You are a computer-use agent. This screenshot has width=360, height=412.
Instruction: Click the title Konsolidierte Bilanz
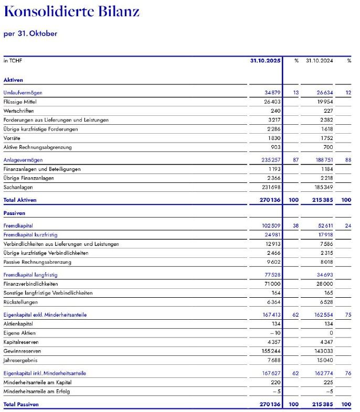tap(71, 11)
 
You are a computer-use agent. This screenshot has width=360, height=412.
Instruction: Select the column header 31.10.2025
tap(266, 61)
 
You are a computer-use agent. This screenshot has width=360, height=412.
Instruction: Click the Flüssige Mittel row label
tap(20, 102)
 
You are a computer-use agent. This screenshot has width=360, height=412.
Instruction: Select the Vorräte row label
tap(13, 138)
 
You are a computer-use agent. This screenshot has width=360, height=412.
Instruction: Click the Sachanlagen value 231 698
tap(271, 187)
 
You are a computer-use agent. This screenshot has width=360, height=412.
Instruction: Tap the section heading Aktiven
tap(13, 80)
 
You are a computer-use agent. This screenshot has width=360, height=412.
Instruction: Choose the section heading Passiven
tap(14, 213)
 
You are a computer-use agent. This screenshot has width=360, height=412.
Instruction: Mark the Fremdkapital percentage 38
tap(295, 226)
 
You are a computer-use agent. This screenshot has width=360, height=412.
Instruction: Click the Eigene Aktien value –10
tap(276, 333)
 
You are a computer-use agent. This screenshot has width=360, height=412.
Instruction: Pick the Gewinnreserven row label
tap(22, 351)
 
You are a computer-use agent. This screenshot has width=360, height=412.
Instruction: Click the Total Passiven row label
tap(21, 405)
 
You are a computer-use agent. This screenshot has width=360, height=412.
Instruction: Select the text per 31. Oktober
tap(30, 34)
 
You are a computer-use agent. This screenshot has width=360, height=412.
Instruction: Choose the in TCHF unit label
tap(13, 61)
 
